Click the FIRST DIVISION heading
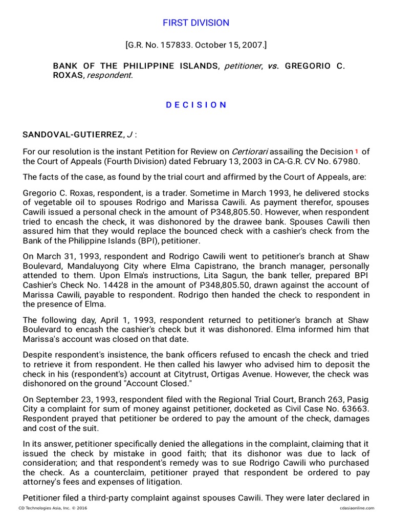[196, 23]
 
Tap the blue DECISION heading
[196, 104]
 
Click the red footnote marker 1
[356, 151]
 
